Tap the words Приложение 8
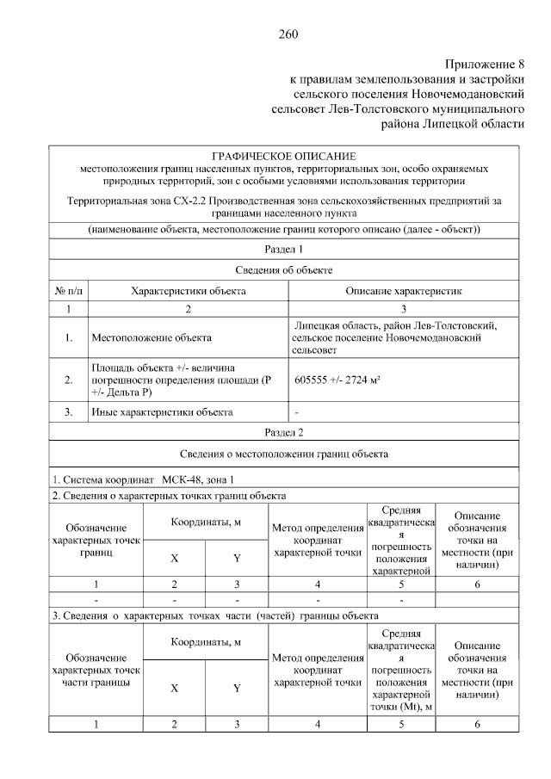click(x=484, y=65)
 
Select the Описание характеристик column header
click(x=404, y=291)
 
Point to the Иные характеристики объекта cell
click(x=162, y=411)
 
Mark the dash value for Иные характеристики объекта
click(x=296, y=411)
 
